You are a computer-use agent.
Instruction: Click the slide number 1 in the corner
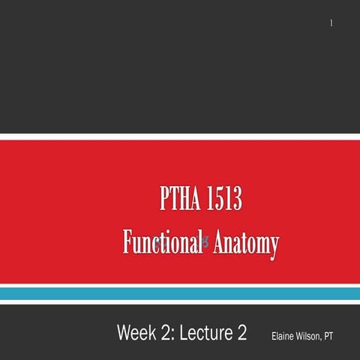click(331, 25)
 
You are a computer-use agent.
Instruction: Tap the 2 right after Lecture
click(241, 332)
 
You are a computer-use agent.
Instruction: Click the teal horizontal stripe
click(180, 294)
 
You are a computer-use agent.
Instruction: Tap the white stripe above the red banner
click(180, 136)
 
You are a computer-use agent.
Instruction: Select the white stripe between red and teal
click(180, 283)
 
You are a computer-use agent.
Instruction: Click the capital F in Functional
click(127, 243)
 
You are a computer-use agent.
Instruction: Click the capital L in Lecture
click(186, 332)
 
